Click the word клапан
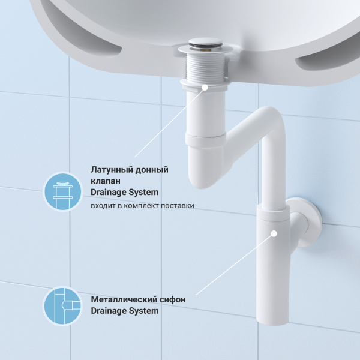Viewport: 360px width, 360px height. (x=106, y=181)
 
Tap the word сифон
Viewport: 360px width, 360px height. (x=172, y=299)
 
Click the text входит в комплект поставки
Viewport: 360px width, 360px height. (x=142, y=206)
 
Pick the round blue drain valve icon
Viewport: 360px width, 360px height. (x=62, y=191)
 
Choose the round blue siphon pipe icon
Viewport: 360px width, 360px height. (x=62, y=306)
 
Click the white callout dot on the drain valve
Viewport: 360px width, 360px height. (x=206, y=87)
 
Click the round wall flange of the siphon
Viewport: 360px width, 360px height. (x=310, y=220)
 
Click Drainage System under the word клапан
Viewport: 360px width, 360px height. (x=124, y=193)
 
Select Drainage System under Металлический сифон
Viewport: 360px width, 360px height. (x=124, y=311)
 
